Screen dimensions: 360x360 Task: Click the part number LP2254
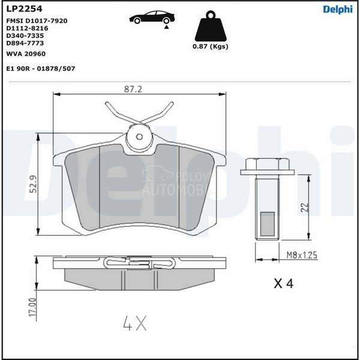[24, 9]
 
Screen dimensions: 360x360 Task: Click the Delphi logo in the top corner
[338, 10]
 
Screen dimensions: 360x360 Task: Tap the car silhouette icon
[152, 17]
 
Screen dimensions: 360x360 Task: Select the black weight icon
[211, 26]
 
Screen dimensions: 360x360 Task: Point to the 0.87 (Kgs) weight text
[211, 46]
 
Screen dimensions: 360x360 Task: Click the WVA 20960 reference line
[26, 54]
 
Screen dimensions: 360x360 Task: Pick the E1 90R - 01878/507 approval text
[41, 68]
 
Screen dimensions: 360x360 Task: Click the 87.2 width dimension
[133, 89]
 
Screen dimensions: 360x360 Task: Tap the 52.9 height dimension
[33, 184]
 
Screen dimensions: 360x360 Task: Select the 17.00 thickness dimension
[32, 307]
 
